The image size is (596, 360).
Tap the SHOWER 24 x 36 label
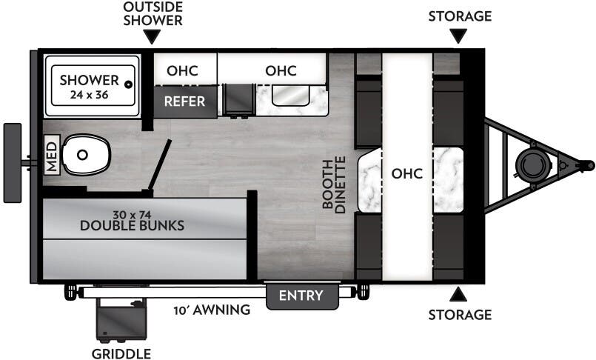(89, 87)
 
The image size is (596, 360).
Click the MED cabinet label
(52, 155)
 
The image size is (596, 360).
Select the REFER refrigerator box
(184, 101)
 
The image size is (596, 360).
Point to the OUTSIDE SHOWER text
(153, 14)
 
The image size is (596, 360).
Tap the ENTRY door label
(301, 296)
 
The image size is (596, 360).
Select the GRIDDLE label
(121, 353)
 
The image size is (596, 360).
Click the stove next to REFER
(238, 100)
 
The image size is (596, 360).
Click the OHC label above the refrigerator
(182, 71)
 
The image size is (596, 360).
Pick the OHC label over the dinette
(407, 174)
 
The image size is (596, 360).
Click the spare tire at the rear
(13, 163)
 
